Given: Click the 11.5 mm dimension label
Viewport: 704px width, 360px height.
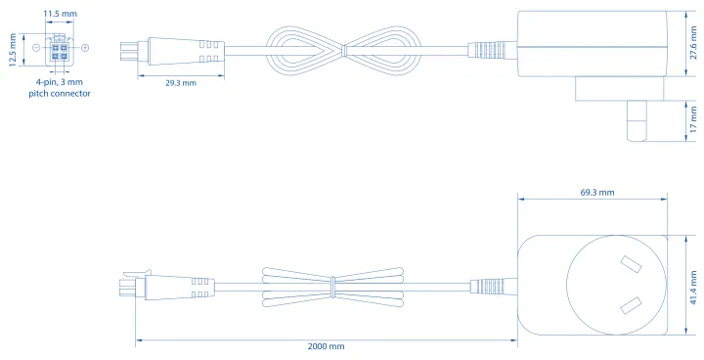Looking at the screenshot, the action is pyautogui.click(x=61, y=14).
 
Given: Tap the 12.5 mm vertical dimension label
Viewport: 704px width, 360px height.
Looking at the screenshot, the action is pyautogui.click(x=13, y=50).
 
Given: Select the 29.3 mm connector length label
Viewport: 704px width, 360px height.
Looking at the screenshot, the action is pyautogui.click(x=181, y=83).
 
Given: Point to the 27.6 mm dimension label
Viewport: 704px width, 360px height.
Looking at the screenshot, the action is pyautogui.click(x=693, y=43).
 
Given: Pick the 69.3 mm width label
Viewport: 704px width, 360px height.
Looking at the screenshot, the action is pyautogui.click(x=597, y=193).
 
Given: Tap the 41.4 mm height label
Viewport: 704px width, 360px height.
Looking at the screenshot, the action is pyautogui.click(x=693, y=288).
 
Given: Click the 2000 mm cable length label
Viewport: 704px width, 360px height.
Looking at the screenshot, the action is pyautogui.click(x=326, y=346).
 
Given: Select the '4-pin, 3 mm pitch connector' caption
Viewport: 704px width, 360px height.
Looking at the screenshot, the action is pyautogui.click(x=60, y=88).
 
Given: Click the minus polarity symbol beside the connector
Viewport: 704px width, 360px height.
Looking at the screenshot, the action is pyautogui.click(x=37, y=48).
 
